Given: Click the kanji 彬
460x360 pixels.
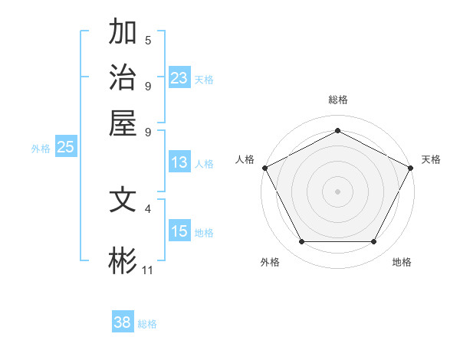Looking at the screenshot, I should pos(123,260).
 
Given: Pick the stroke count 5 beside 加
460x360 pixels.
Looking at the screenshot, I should pos(148,41).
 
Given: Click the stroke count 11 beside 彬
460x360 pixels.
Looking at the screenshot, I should pos(148,270).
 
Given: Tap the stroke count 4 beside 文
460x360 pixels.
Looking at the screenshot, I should pos(148,208).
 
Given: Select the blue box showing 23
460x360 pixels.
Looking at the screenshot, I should pos(179,78).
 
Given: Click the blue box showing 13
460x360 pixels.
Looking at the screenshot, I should pos(179,162).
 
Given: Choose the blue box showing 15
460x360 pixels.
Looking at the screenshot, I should pos(179,231).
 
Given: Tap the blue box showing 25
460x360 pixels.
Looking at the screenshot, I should pos(65,148).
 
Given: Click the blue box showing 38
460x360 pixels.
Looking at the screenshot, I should pos(123,322).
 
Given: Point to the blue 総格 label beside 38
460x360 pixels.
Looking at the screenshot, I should pos(147,324).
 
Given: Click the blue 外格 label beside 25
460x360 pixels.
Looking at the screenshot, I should pos(41,149).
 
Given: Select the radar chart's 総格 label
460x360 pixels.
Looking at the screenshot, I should pos(337,100).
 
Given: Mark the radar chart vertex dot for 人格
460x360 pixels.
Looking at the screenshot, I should pos(264,167).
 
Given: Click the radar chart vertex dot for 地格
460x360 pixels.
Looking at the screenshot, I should pos(374,242).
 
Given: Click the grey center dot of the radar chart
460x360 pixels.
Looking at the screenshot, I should pos(337,191).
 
